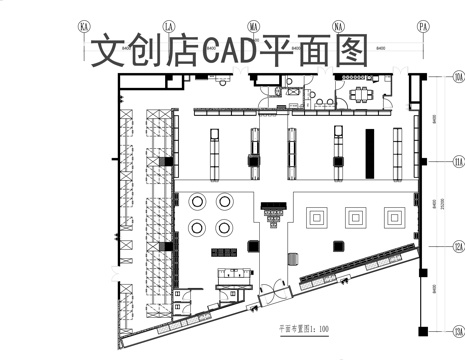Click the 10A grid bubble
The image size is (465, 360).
(x=458, y=76)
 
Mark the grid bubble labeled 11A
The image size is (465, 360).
(x=458, y=161)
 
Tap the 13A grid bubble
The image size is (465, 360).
(x=458, y=331)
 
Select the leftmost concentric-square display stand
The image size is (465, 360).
(x=319, y=215)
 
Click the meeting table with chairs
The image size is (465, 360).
(x=359, y=96)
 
